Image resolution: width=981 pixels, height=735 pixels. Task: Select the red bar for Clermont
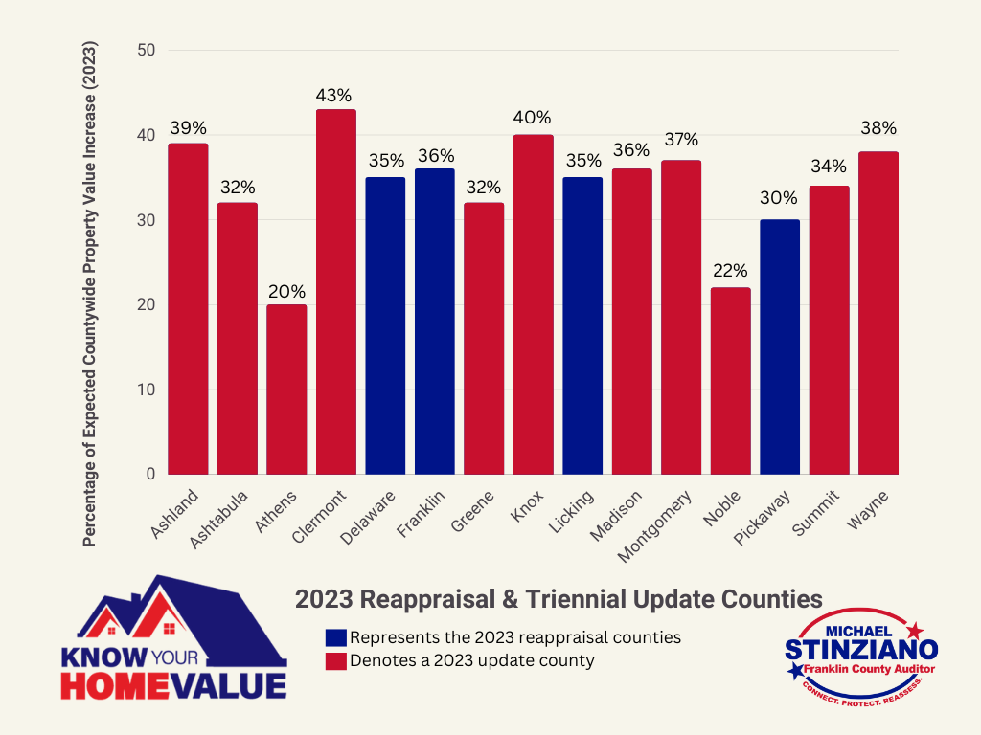click(x=335, y=292)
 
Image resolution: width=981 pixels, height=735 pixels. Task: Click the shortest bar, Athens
click(x=286, y=390)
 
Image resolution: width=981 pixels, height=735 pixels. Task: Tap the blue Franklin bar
click(x=434, y=322)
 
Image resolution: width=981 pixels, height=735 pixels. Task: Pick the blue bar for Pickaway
click(x=779, y=346)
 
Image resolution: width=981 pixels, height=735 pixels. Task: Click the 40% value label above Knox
click(x=533, y=118)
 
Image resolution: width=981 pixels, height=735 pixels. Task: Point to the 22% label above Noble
click(x=730, y=271)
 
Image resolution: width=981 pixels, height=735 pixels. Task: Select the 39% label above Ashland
click(x=188, y=127)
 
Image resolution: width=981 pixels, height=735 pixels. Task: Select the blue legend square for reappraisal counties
click(x=336, y=637)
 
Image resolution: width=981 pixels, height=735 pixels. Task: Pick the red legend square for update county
click(x=336, y=660)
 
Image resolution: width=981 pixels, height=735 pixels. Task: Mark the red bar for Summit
click(x=829, y=330)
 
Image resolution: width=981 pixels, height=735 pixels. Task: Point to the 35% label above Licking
click(x=582, y=160)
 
